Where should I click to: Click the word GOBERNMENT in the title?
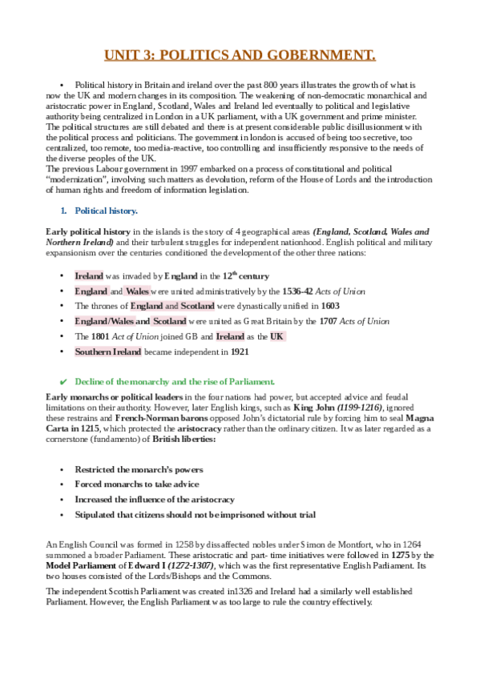pyautogui.click(x=320, y=55)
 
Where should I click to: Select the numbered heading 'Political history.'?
pyautogui.click(x=106, y=211)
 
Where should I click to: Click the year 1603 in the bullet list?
pyautogui.click(x=330, y=306)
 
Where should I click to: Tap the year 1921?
pyautogui.click(x=242, y=352)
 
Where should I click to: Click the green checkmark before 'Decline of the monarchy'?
pyautogui.click(x=63, y=381)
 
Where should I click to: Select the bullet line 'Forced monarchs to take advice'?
pyautogui.click(x=137, y=484)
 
